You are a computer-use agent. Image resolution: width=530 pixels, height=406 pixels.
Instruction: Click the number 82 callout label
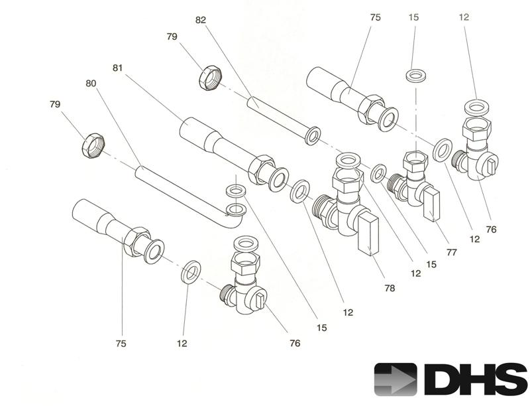[201, 20]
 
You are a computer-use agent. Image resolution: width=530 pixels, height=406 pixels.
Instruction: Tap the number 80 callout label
[91, 84]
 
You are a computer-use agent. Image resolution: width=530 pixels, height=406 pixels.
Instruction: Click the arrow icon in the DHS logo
[396, 379]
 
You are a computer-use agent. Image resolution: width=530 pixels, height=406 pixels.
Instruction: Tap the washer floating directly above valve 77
[415, 74]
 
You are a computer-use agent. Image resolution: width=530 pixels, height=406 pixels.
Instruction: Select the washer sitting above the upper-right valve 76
[474, 105]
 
